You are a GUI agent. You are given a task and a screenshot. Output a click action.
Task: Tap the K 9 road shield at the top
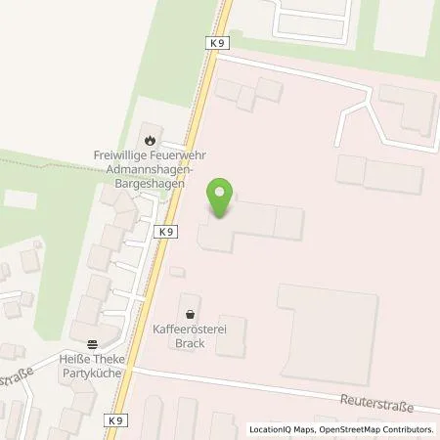[216, 44]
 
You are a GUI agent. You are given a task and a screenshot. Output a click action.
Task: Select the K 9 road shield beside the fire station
[165, 232]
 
